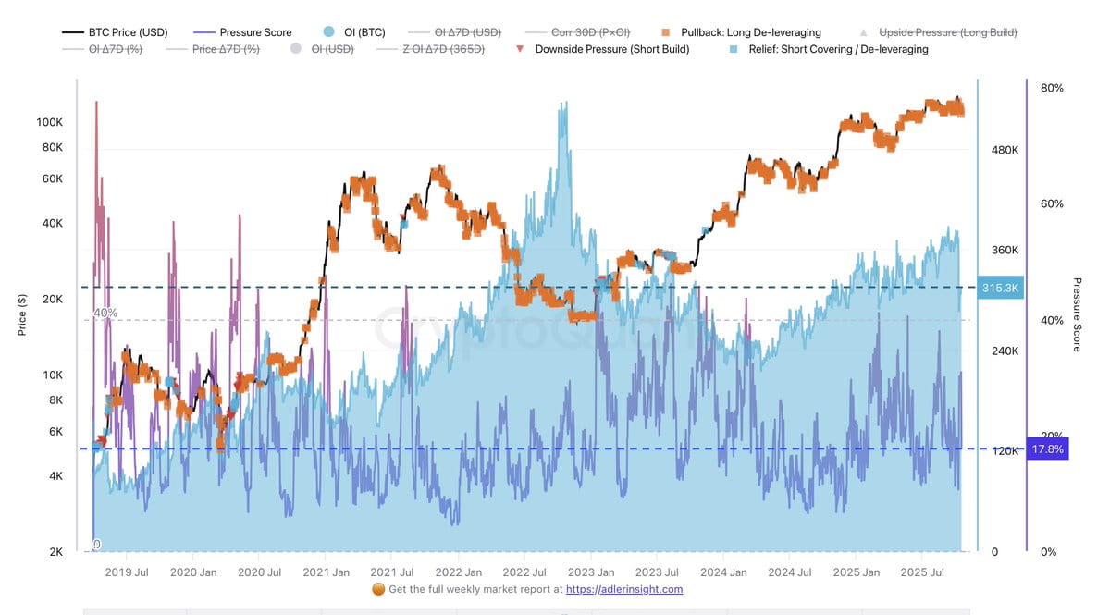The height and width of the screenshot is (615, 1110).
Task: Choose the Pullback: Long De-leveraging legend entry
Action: [x=750, y=32]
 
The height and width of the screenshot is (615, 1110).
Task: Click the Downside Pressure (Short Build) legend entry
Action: [x=611, y=49]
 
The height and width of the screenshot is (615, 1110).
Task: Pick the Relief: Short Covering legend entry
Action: [x=838, y=49]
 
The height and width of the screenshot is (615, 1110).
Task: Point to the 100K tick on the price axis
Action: [x=49, y=122]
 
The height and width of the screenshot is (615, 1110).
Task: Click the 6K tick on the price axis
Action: [x=55, y=431]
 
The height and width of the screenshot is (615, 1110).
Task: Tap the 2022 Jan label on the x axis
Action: [x=458, y=572]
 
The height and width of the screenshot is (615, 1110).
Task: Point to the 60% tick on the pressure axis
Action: [x=1052, y=203]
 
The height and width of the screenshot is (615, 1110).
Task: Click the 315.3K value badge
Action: [x=1000, y=288]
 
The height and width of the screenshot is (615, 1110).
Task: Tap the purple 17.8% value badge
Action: [x=1047, y=449]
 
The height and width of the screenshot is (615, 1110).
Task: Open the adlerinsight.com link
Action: [x=624, y=589]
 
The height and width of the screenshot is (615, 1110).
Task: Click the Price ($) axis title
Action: [x=22, y=314]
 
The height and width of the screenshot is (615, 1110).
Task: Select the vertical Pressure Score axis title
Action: [x=1077, y=314]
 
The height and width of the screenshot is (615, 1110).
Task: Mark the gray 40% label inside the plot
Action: [x=105, y=313]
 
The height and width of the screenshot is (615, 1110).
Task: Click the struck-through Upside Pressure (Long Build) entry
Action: [x=947, y=32]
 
